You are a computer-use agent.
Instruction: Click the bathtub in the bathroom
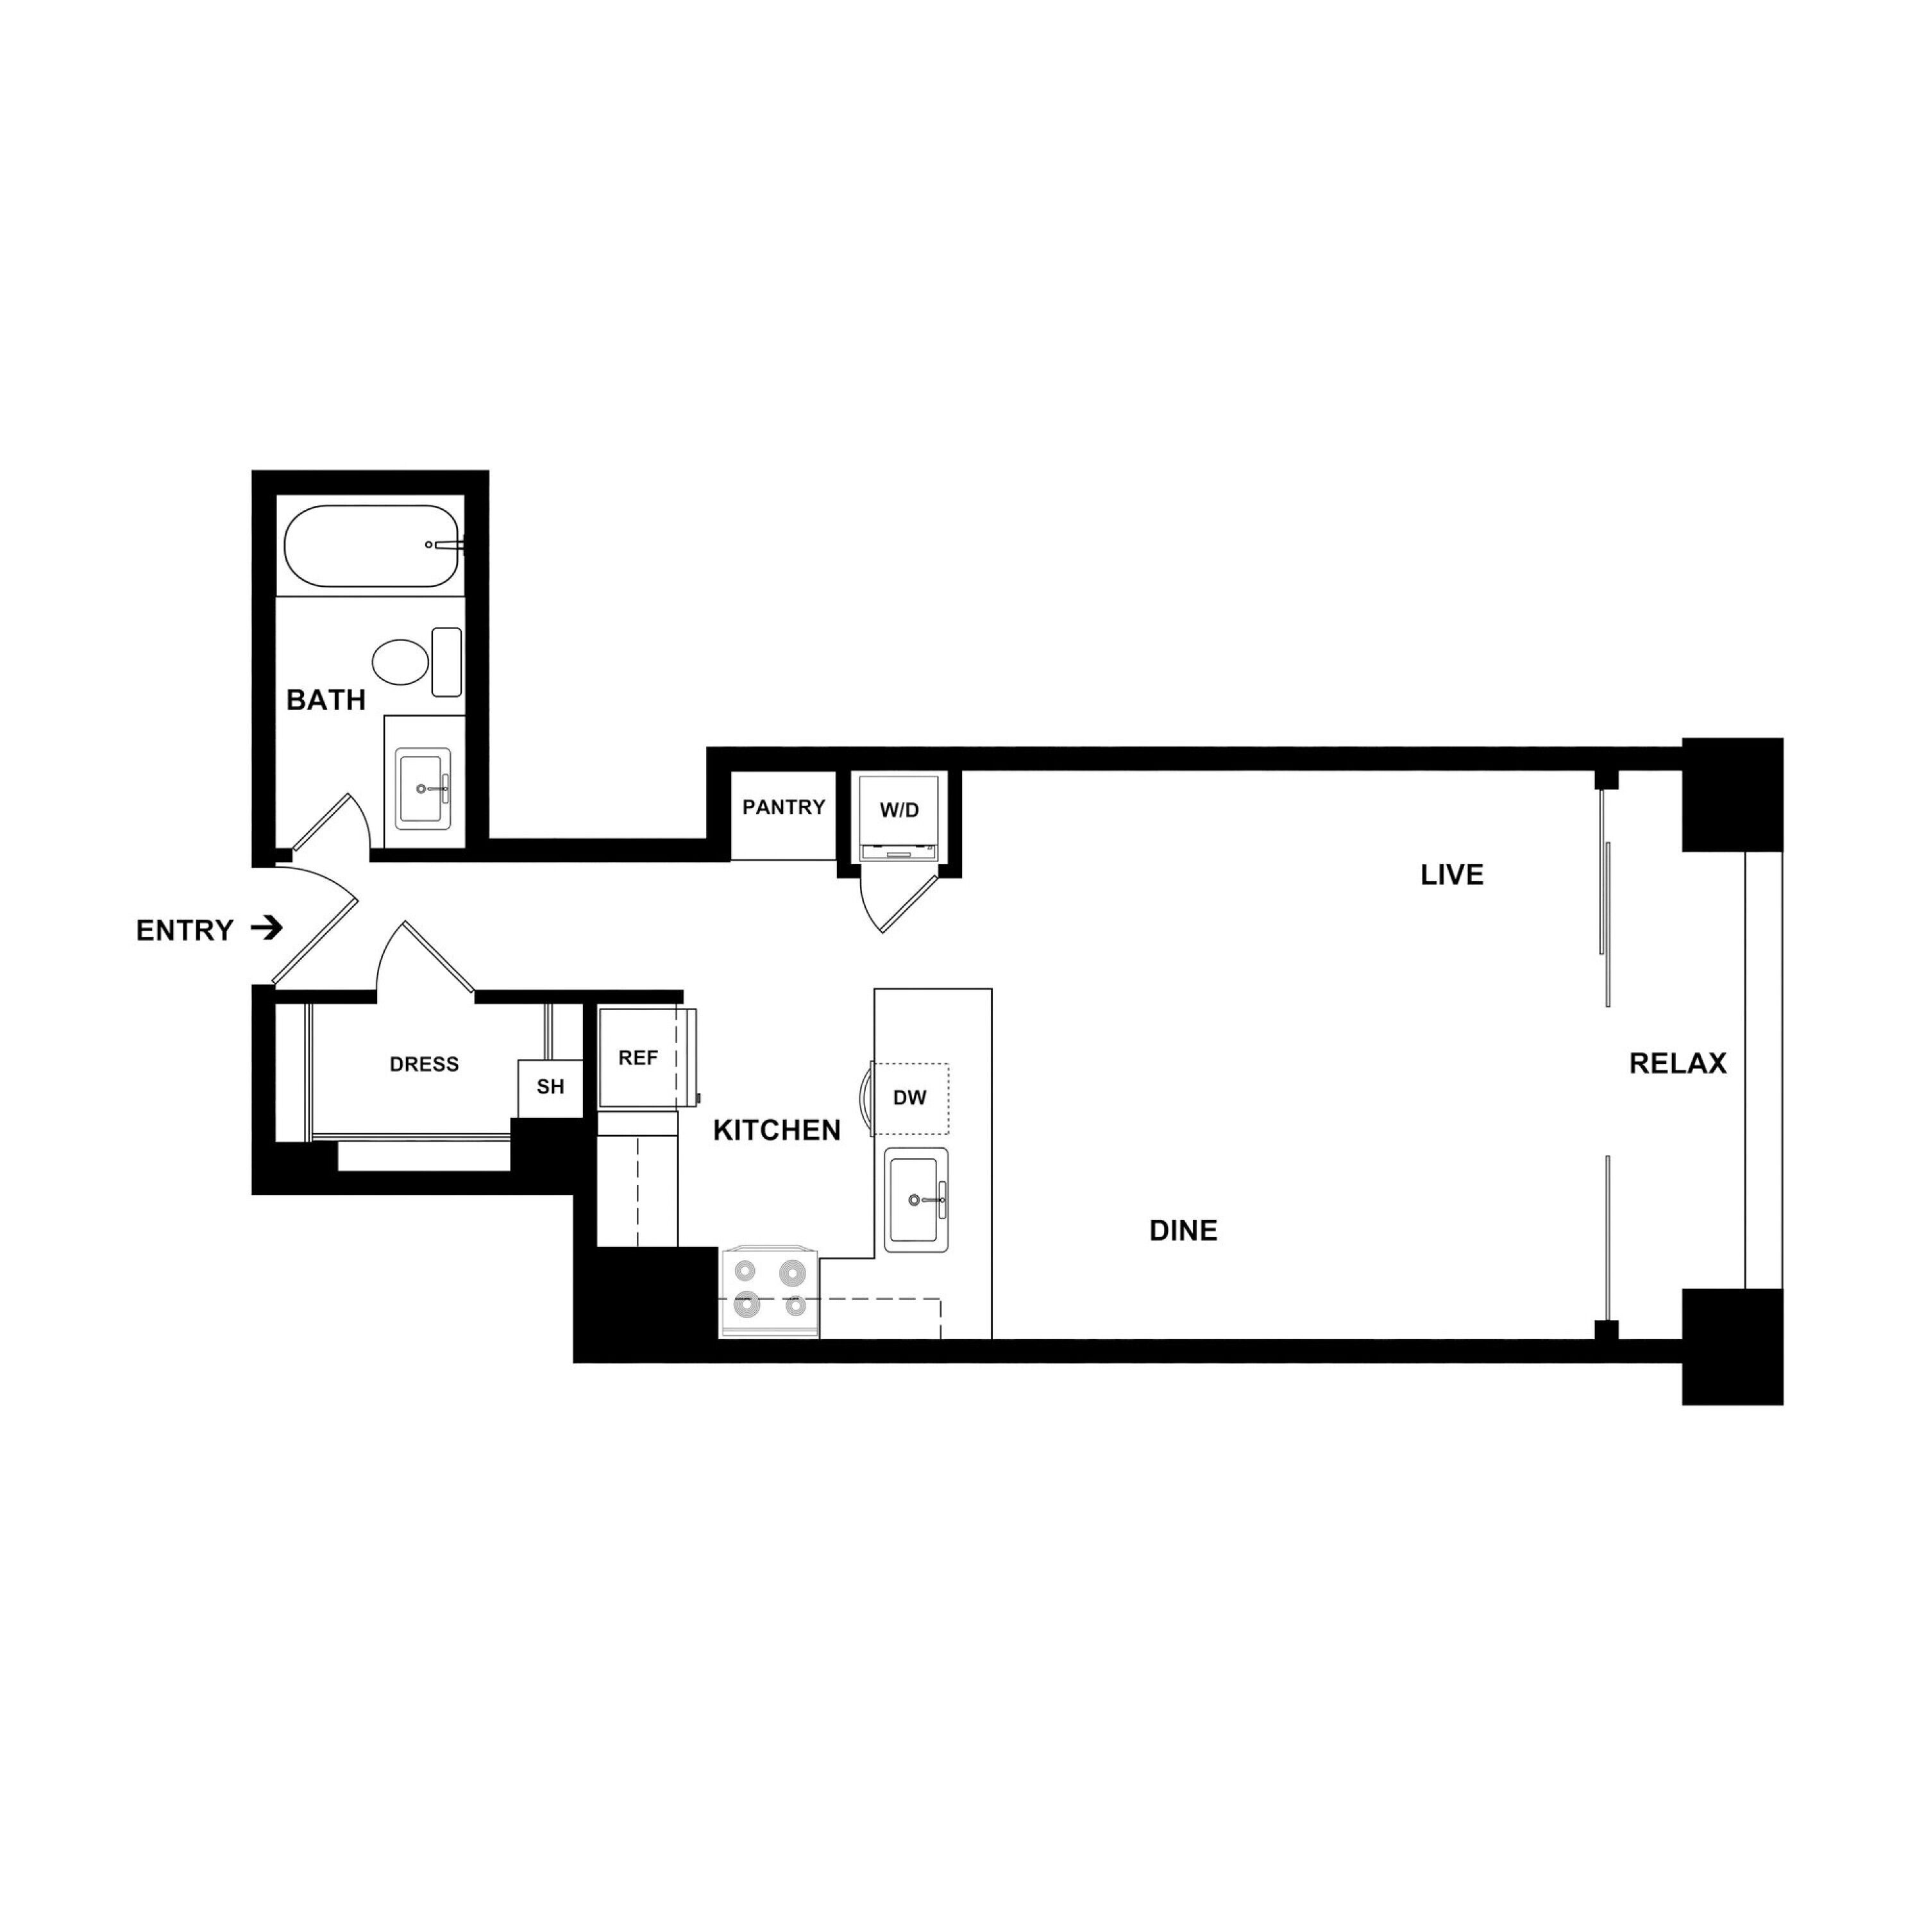(371, 546)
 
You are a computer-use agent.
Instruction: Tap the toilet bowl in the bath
(400, 662)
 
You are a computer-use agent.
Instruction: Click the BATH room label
(326, 700)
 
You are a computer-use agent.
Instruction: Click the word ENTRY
(184, 930)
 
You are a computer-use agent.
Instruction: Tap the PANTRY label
(784, 807)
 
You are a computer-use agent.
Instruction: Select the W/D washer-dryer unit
(899, 816)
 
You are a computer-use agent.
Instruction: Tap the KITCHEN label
(777, 1130)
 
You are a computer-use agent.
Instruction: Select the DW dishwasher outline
(910, 1099)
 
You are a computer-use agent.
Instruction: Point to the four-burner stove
(769, 1292)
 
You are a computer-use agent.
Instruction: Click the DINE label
(1183, 1231)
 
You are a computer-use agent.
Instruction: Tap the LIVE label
(1452, 875)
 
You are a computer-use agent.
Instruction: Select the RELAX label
(1677, 1063)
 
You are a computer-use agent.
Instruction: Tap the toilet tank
(446, 662)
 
